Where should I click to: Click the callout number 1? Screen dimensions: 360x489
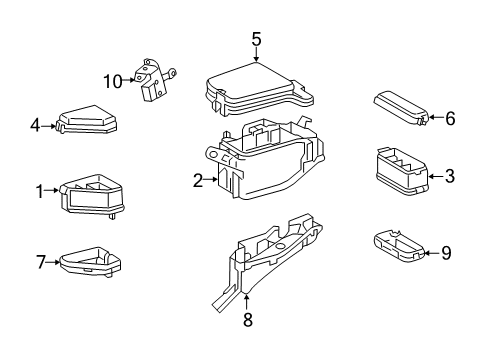click(x=41, y=191)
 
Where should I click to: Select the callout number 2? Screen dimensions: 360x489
click(x=198, y=180)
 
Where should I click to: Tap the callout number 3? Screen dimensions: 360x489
click(x=450, y=176)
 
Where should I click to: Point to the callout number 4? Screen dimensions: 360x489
click(x=34, y=126)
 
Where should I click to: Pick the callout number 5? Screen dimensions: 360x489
click(x=256, y=39)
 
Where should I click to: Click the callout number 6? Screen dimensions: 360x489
click(x=450, y=118)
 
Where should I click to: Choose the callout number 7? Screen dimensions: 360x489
click(x=41, y=263)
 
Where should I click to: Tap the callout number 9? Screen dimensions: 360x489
click(x=446, y=253)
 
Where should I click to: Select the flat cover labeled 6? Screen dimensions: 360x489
click(x=400, y=108)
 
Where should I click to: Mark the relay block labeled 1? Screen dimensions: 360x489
click(x=92, y=192)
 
